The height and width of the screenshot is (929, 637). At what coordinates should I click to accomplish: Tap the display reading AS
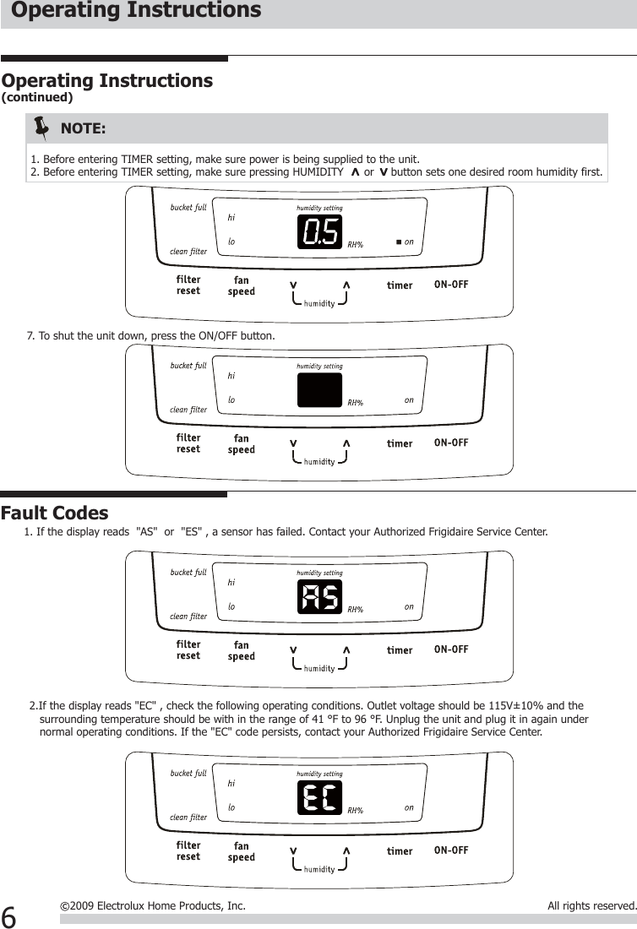point(319,598)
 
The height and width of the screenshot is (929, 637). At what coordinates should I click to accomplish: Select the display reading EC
point(319,797)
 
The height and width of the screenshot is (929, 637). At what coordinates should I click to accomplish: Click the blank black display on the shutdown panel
point(319,389)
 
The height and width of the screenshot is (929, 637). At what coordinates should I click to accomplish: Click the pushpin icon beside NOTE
point(41,128)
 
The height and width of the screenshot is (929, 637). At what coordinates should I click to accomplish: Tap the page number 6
point(9,915)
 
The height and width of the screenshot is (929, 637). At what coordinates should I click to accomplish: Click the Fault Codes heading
point(55,513)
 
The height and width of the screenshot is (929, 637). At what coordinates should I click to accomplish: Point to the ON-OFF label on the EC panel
point(450,850)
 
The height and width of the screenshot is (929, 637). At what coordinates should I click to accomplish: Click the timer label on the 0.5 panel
point(400,285)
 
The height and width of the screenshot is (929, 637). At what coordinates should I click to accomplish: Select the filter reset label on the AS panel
point(188,649)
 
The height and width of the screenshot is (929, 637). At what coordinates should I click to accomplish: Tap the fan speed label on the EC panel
point(242,851)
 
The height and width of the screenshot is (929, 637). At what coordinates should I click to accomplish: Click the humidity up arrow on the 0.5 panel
point(346,285)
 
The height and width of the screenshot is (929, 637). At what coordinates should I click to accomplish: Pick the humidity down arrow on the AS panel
point(293,649)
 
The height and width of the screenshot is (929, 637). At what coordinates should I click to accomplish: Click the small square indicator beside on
point(399,242)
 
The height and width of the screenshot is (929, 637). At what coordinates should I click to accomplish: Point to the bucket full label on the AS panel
point(188,573)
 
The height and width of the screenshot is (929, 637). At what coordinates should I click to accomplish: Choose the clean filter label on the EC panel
point(188,818)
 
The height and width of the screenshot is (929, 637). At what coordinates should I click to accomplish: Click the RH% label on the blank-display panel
point(356,403)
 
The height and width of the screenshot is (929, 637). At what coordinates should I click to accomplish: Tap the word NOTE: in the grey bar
point(84,129)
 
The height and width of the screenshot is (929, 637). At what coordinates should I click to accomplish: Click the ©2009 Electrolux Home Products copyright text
point(153,906)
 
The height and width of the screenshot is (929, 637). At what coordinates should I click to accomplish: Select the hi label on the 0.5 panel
point(231,216)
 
